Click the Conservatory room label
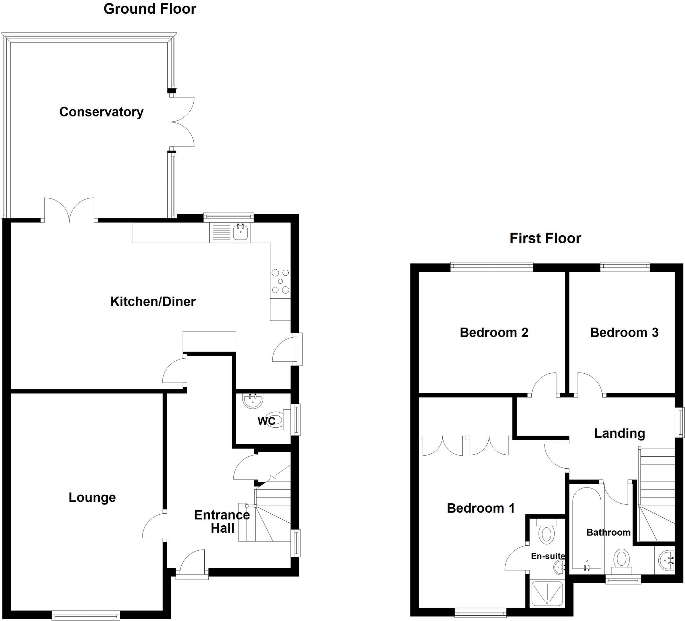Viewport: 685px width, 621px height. pos(101,112)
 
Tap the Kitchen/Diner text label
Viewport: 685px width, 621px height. pos(153,301)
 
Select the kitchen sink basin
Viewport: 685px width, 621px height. pos(241,233)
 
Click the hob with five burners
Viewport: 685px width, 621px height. pos(280,281)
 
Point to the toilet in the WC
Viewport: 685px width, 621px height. pos(276,420)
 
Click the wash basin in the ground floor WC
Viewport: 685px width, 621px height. pos(253,400)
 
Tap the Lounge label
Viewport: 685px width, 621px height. pos(92,497)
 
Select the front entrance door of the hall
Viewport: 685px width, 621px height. pos(192,563)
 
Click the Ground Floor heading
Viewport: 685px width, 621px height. pos(150,9)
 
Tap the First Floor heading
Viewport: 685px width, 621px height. pos(545,238)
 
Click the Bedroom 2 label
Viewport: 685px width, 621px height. pos(494,333)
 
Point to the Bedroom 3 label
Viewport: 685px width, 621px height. pos(624,333)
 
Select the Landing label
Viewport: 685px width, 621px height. pos(619,433)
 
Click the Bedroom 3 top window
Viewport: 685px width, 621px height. pos(625,267)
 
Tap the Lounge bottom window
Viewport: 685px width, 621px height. pos(86,615)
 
